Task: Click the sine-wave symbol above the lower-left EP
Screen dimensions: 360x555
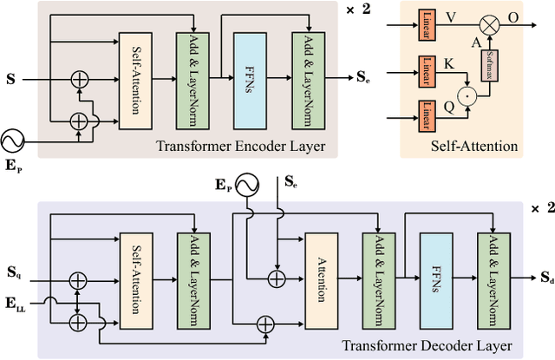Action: pos(11,141)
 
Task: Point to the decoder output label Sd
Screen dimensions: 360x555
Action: pos(544,278)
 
